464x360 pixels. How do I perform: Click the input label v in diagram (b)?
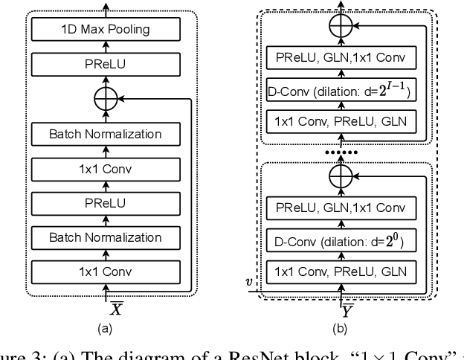point(251,282)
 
